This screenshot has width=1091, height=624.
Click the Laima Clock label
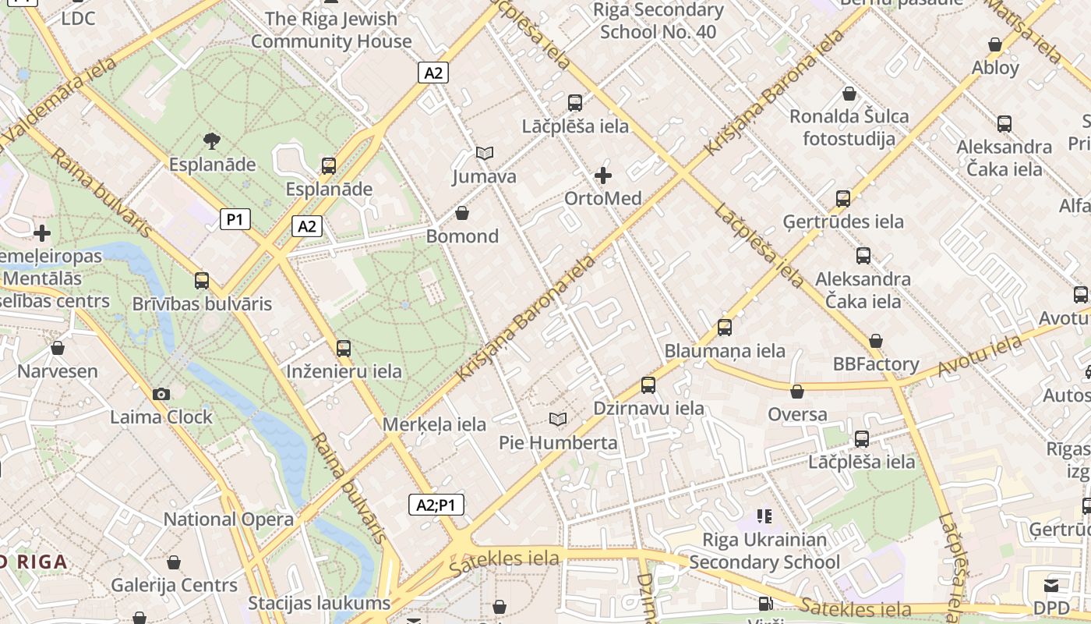(161, 417)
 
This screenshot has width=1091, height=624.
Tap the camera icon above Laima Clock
(161, 395)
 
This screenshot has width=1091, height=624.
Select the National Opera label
(228, 519)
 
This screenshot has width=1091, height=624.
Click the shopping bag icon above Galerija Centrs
(174, 562)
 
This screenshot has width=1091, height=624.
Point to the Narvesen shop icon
(58, 348)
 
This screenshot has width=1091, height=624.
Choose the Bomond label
(462, 236)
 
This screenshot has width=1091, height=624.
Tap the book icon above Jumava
(485, 154)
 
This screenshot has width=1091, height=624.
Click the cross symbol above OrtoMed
(602, 175)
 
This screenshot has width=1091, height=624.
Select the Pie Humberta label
(558, 442)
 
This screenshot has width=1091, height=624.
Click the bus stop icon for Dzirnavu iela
(648, 385)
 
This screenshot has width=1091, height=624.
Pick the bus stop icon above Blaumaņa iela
(725, 328)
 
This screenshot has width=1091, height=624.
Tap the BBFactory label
(876, 363)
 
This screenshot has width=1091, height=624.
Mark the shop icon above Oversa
(797, 392)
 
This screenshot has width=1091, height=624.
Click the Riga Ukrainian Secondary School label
(764, 551)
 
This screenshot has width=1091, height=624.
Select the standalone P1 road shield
(235, 219)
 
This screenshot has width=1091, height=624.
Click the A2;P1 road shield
(436, 505)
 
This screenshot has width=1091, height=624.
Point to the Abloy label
(995, 67)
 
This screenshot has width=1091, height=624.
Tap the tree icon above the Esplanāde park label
(211, 141)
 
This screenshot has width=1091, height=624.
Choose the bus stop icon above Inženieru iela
(344, 348)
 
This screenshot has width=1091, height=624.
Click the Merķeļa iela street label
(434, 424)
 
